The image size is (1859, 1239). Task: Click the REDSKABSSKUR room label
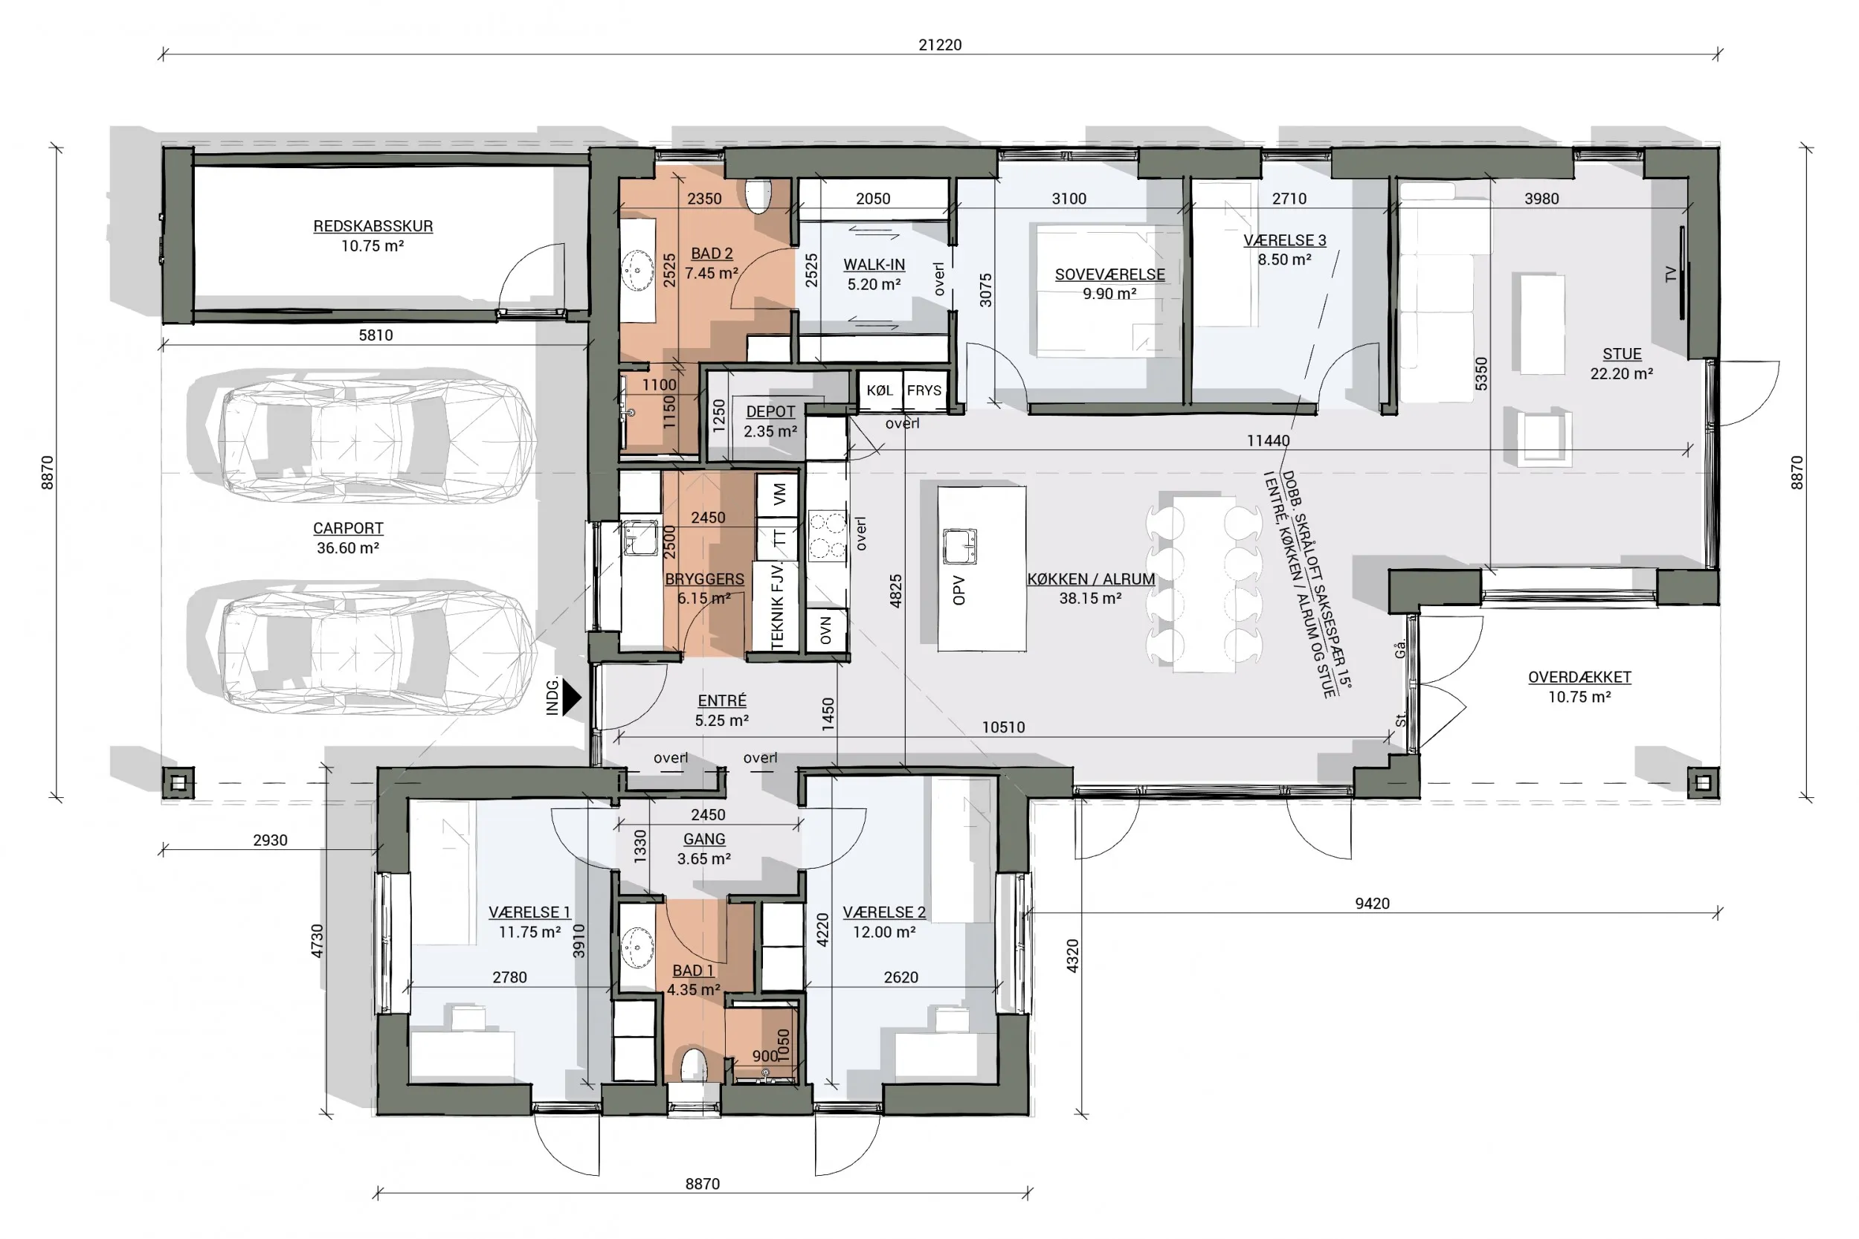pos(373,236)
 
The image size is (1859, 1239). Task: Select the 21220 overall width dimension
pos(939,45)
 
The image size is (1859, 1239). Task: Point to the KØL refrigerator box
pos(880,390)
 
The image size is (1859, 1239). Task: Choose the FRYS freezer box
pos(924,390)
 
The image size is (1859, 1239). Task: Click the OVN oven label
pos(825,631)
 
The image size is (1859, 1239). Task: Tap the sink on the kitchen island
pos(959,546)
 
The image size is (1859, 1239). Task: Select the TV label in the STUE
pos(1670,274)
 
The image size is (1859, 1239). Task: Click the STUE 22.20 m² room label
pos(1621,364)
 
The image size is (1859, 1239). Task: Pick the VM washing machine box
pos(779,495)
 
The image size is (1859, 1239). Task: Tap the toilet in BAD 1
pos(694,1066)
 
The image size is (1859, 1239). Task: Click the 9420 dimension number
pos(1371,903)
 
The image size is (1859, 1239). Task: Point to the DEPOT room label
pos(770,421)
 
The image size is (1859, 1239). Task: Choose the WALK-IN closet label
pos(874,274)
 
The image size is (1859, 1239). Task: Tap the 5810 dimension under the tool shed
pos(376,335)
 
